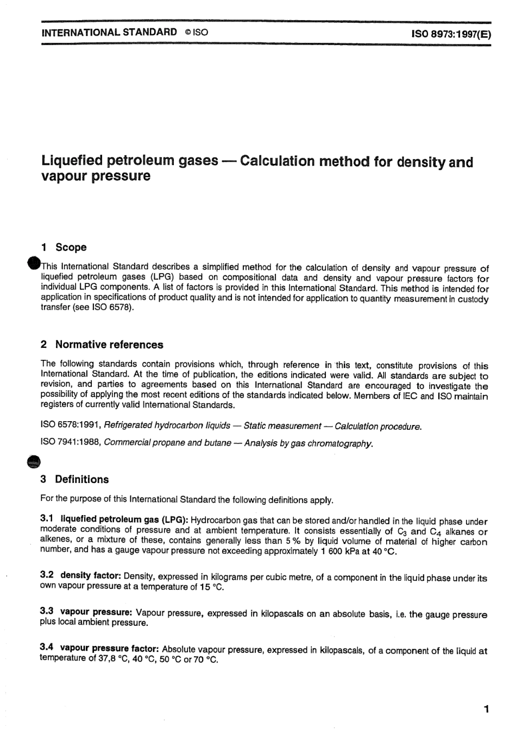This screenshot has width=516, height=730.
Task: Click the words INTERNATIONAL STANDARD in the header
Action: pyautogui.click(x=109, y=32)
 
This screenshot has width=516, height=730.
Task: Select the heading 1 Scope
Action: pyautogui.click(x=64, y=247)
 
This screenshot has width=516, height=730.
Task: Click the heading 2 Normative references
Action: pyautogui.click(x=102, y=345)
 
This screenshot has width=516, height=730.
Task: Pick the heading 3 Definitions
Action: pyautogui.click(x=75, y=479)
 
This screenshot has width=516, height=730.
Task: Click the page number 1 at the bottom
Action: pyautogui.click(x=486, y=709)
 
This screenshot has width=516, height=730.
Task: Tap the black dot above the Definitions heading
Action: pyautogui.click(x=34, y=461)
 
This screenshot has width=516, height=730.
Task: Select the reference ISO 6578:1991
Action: pyautogui.click(x=71, y=426)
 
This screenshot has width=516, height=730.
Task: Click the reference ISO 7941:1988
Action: pyautogui.click(x=71, y=443)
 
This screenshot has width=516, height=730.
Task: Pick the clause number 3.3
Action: pyautogui.click(x=47, y=611)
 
